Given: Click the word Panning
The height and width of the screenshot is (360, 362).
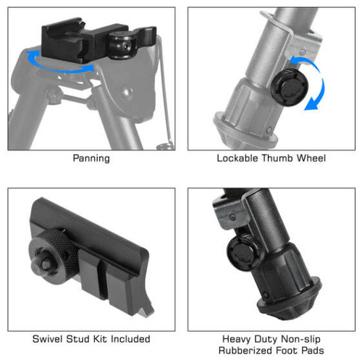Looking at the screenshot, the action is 91,159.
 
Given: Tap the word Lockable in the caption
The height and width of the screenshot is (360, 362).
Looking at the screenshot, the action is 237,158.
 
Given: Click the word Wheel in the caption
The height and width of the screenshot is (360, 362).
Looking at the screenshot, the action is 311,158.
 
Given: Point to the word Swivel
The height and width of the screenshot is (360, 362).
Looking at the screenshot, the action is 47,339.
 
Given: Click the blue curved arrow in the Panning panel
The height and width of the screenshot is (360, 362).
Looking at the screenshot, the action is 60,70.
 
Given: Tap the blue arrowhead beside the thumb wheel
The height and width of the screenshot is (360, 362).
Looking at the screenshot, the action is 311,104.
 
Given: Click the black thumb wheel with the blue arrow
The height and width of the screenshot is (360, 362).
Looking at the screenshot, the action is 289,87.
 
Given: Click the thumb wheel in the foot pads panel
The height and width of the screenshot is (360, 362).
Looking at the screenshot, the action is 244,253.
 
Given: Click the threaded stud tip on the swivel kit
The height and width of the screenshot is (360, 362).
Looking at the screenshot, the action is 43,265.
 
